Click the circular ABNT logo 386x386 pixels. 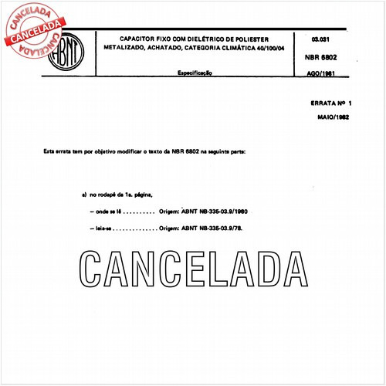[x=67, y=55]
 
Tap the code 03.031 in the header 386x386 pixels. [x=321, y=38]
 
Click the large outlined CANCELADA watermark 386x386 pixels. [x=194, y=269]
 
